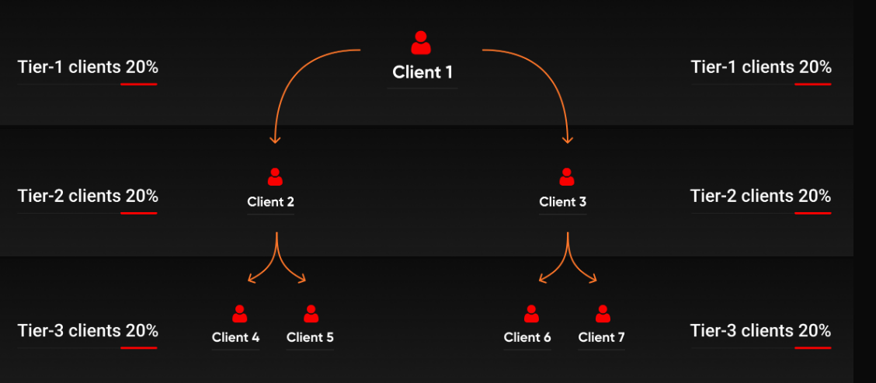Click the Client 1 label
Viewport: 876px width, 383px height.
422,72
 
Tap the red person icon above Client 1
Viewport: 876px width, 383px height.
421,43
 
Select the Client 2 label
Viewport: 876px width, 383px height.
270,202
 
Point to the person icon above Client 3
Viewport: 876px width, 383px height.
566,176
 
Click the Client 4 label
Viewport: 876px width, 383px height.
236,338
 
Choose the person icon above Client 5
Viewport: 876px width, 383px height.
311,314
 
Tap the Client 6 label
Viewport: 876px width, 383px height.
527,338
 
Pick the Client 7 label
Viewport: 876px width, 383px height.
602,338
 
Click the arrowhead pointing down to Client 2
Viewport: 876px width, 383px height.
274,140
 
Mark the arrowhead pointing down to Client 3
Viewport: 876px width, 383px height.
568,140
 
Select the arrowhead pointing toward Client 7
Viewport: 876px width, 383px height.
593,278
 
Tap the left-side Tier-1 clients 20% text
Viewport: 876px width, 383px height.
88,67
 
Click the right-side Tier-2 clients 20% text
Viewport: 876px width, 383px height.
761,197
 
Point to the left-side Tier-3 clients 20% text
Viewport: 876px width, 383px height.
88,330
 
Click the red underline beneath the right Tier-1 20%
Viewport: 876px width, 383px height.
813,84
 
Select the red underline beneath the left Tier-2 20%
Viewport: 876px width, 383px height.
138,213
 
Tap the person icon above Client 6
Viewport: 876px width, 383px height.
531,314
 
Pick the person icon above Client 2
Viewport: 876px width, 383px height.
275,176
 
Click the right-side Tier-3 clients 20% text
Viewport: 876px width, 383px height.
761,330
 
